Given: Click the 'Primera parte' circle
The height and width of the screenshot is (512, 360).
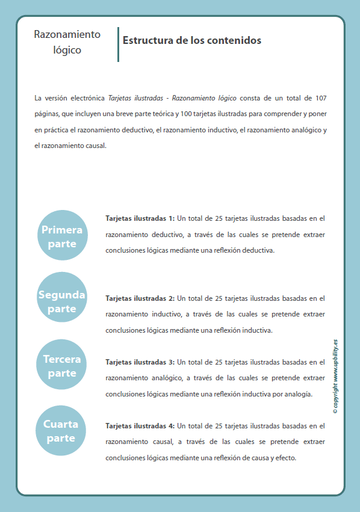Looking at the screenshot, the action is tap(62, 236).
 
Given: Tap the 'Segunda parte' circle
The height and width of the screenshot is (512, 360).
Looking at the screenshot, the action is tap(62, 301).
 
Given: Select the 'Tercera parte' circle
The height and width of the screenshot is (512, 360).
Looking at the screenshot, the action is tap(62, 366).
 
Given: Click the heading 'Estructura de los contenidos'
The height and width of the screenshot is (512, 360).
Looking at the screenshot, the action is tap(191, 41).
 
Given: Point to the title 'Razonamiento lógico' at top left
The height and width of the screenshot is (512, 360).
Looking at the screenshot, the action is tap(67, 42).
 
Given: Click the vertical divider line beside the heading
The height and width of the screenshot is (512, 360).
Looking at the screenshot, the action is tap(118, 44).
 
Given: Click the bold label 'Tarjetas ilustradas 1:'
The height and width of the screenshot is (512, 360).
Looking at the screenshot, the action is tap(140, 218).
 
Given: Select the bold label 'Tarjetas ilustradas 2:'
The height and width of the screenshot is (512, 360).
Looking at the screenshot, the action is tap(140, 298).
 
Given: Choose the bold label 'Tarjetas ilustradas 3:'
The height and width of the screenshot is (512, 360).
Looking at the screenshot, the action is tap(140, 362).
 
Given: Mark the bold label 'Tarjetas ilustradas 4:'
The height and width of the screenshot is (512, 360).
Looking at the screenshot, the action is tap(140, 426).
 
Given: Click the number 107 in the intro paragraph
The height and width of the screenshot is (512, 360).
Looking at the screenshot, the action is tap(321, 97).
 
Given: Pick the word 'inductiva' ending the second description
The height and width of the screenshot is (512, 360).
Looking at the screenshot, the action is tap(258, 330).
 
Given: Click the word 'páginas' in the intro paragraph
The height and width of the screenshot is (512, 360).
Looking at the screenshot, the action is tap(46, 113).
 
